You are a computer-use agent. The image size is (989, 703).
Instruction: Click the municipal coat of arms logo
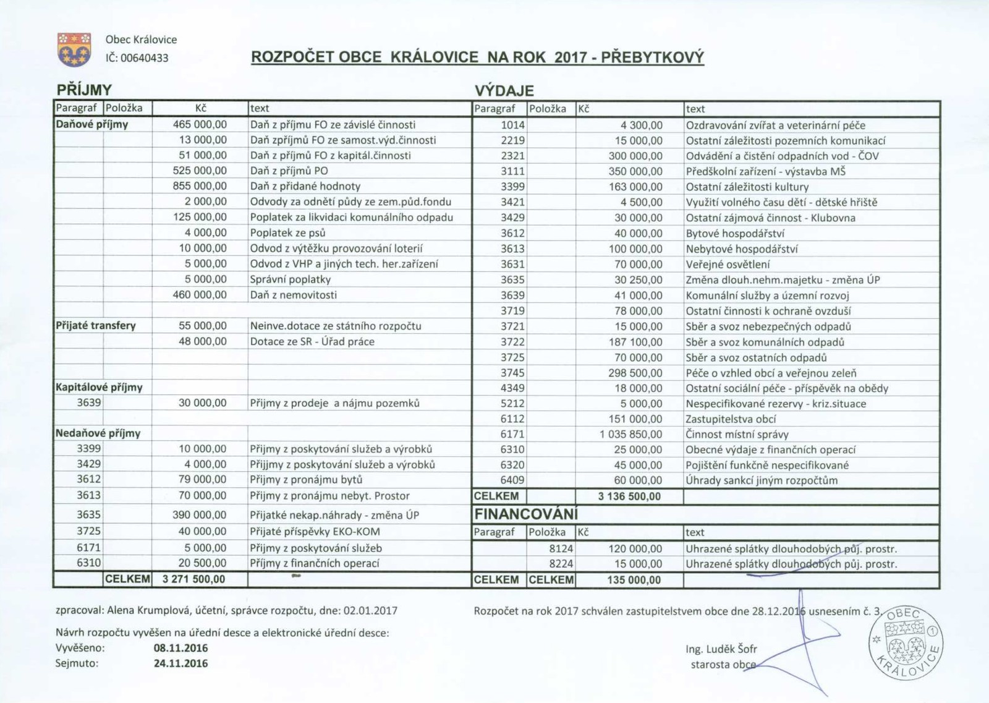pos(74,49)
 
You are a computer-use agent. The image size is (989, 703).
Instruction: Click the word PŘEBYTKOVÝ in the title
pos(653,58)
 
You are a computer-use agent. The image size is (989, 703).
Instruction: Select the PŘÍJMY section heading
pos(84,90)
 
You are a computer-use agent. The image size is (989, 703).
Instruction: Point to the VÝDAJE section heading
pos(504,91)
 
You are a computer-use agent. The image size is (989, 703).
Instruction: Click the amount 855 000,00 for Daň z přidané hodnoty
pos(200,186)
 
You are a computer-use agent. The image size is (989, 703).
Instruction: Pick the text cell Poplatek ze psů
pos(287,233)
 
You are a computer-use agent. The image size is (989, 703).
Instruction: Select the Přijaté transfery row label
pos(96,326)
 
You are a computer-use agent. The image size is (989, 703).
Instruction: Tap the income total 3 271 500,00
pos(194,579)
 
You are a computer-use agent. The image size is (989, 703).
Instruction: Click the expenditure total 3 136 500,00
pos(629,496)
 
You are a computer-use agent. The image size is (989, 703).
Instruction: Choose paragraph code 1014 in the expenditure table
pos(512,125)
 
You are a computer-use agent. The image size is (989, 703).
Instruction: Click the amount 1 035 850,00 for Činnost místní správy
pos(630,435)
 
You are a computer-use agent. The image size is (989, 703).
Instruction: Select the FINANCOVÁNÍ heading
pos(526,514)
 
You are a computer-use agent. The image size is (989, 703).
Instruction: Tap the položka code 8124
pos(561,548)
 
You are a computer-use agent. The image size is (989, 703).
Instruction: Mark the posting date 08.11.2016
pos(180,649)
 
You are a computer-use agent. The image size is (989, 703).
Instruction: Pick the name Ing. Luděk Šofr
pos(721,649)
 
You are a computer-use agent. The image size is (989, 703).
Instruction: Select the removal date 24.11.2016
pos(180,663)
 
